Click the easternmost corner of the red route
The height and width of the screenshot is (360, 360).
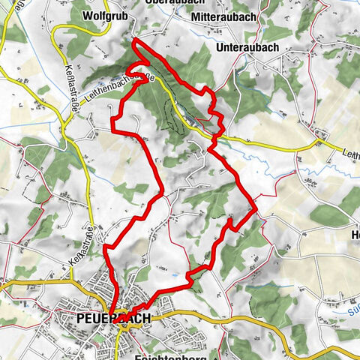tap(255, 208)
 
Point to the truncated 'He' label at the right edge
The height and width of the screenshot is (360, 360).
tap(355, 232)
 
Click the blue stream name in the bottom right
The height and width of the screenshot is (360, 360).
tap(353, 305)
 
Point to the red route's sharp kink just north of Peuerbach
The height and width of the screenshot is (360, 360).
tap(107, 247)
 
